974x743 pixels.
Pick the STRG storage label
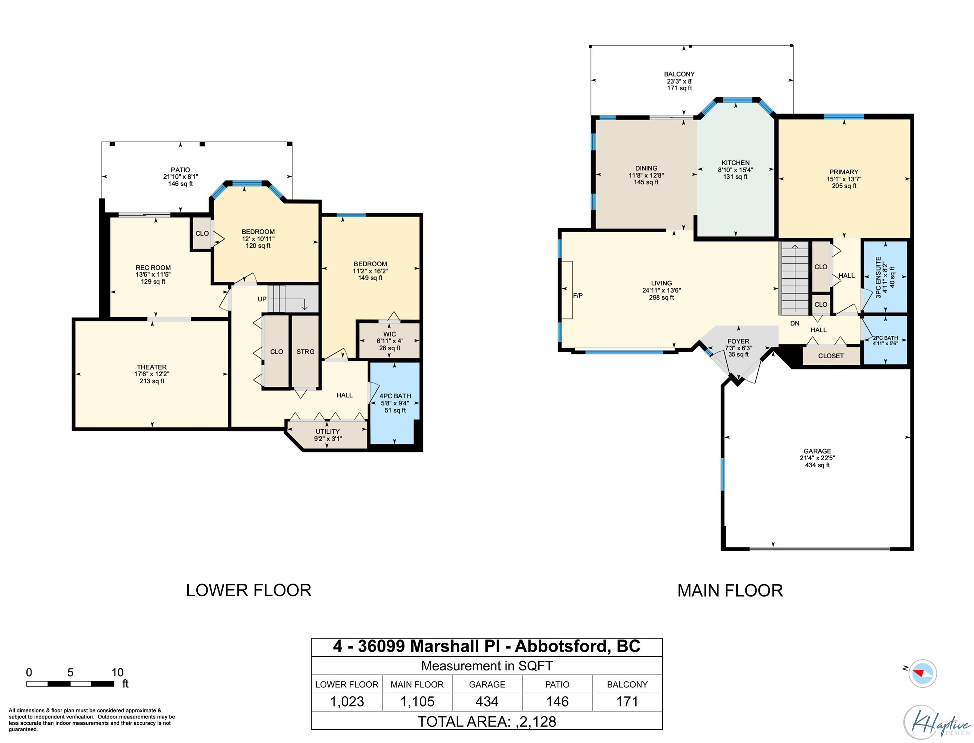pos(305,352)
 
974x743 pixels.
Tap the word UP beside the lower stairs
pos(262,299)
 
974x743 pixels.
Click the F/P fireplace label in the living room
pos(578,296)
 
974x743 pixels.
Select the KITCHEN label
pos(735,163)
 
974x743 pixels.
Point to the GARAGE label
pos(817,451)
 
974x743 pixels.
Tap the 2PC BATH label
pos(885,338)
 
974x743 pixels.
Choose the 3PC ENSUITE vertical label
pos(878,277)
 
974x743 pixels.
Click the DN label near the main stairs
pos(794,323)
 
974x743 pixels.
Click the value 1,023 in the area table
pos(347,701)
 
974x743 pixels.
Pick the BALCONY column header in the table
pos(627,685)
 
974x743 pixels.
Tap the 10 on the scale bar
pos(118,673)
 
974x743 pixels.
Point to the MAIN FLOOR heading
pos(730,591)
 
